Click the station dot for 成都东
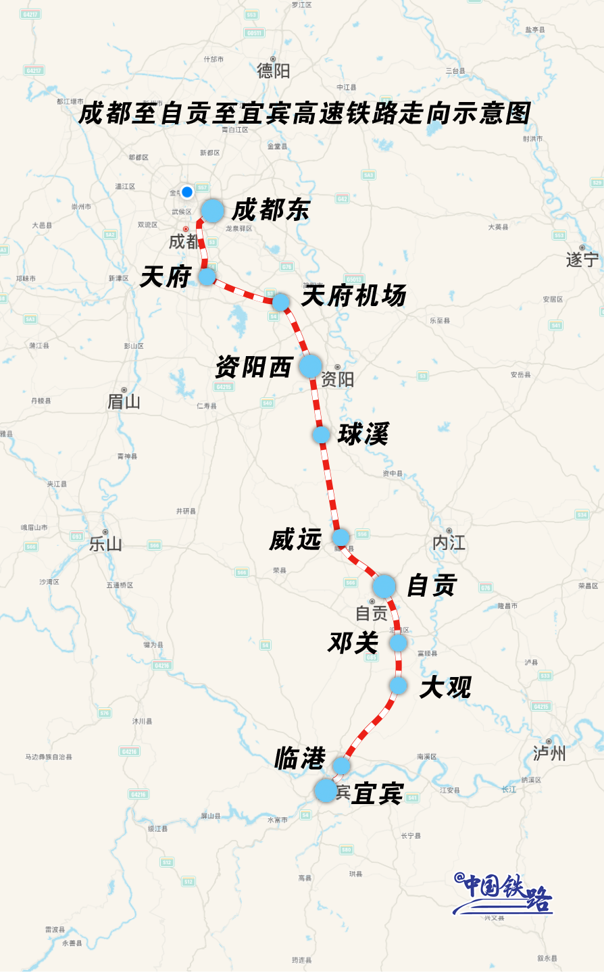212,211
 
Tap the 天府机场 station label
353,296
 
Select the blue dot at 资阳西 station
310,366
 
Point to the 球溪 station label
363,434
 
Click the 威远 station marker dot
341,538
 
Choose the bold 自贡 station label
432,586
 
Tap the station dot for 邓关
398,643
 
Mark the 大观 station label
445,688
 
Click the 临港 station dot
341,766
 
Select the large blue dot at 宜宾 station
326,791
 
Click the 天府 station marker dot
207,276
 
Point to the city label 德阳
273,70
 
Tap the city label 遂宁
582,259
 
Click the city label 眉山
124,402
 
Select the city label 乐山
105,544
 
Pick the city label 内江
449,543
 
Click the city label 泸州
549,753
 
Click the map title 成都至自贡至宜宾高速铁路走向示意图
304,114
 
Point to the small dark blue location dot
187,192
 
